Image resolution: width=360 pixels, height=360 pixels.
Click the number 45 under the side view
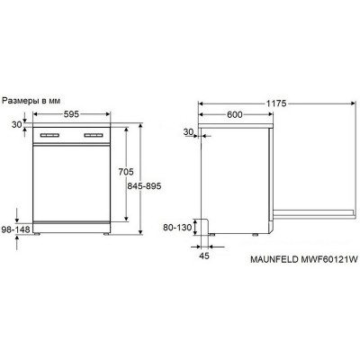click(204, 256)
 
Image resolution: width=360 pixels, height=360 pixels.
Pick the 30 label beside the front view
click(17, 125)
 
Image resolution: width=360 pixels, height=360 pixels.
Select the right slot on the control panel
click(94, 138)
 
